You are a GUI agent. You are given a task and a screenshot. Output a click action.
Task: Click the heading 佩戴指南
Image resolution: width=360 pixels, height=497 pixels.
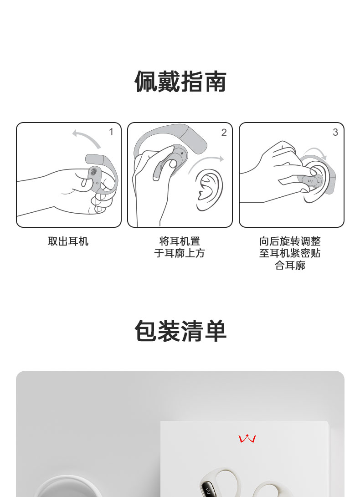pyautogui.click(x=180, y=82)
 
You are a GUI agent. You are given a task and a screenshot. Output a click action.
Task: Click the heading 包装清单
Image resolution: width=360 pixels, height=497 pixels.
pyautogui.click(x=180, y=331)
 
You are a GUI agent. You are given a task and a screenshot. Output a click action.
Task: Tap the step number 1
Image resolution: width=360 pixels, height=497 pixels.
pyautogui.click(x=111, y=132)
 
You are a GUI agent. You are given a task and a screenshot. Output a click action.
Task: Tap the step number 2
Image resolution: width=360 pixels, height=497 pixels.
pyautogui.click(x=224, y=133)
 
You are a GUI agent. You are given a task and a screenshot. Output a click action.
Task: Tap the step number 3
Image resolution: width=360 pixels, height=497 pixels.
pyautogui.click(x=335, y=132)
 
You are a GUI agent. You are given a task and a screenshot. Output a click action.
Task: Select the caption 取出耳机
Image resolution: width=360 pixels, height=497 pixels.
pyautogui.click(x=68, y=241)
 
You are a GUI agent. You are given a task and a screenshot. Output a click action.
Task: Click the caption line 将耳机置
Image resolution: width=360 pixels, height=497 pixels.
pyautogui.click(x=180, y=241)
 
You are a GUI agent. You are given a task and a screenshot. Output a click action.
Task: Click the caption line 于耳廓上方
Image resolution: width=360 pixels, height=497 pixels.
pyautogui.click(x=180, y=253)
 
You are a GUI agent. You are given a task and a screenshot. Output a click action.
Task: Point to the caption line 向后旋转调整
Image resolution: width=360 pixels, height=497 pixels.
pyautogui.click(x=290, y=241)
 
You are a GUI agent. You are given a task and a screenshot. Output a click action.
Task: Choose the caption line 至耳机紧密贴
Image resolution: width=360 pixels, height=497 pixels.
pyautogui.click(x=290, y=253)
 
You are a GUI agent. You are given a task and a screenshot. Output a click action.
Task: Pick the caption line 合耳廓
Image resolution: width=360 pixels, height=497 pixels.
pyautogui.click(x=290, y=265)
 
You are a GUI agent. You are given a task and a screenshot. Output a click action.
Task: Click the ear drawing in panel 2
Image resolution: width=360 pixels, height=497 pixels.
pyautogui.click(x=209, y=190)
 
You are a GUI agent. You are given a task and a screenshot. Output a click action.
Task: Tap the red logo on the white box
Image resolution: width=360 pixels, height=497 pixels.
pyautogui.click(x=247, y=439)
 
